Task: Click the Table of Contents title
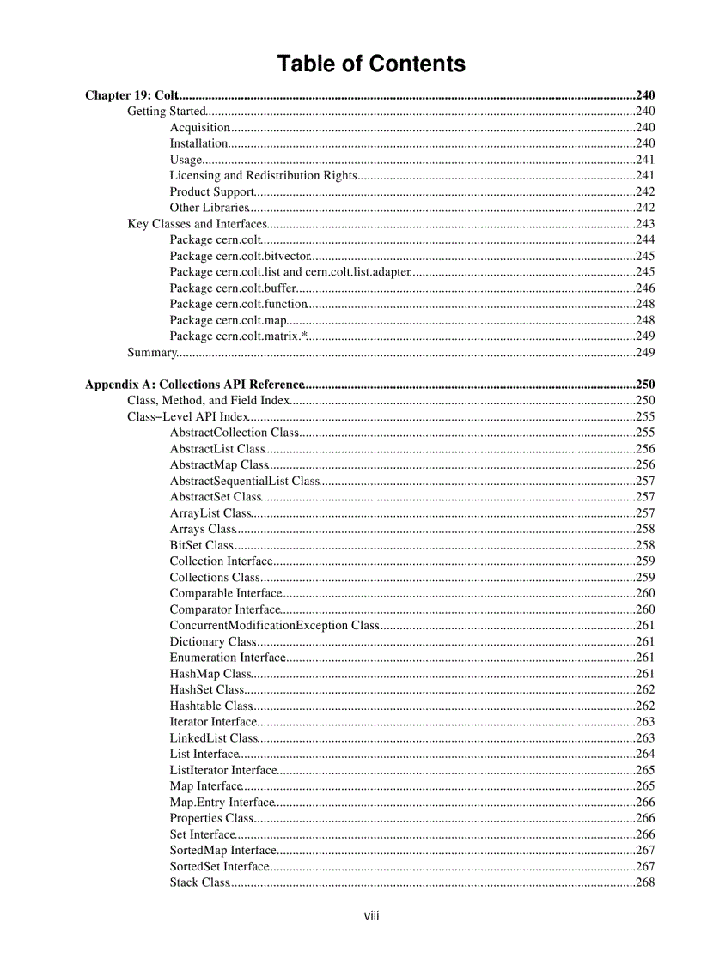pos(371,64)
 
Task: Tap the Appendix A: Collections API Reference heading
pos(194,385)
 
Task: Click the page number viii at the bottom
pos(371,916)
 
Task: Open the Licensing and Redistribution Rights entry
pos(263,176)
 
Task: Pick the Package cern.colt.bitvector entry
pos(239,256)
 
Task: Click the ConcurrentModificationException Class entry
pos(274,626)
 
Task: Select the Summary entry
pos(151,353)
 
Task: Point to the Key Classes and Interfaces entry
pos(197,224)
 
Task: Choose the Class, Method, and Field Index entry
pos(208,401)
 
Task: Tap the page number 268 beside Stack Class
pos(644,882)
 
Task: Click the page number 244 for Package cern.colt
pos(644,240)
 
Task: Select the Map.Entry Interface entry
pos(222,803)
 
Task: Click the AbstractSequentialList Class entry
pos(244,482)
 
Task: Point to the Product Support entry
pos(211,192)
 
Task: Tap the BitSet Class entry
pos(201,545)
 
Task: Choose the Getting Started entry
pos(167,112)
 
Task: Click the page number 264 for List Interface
pos(644,755)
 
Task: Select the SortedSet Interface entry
pos(219,867)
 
